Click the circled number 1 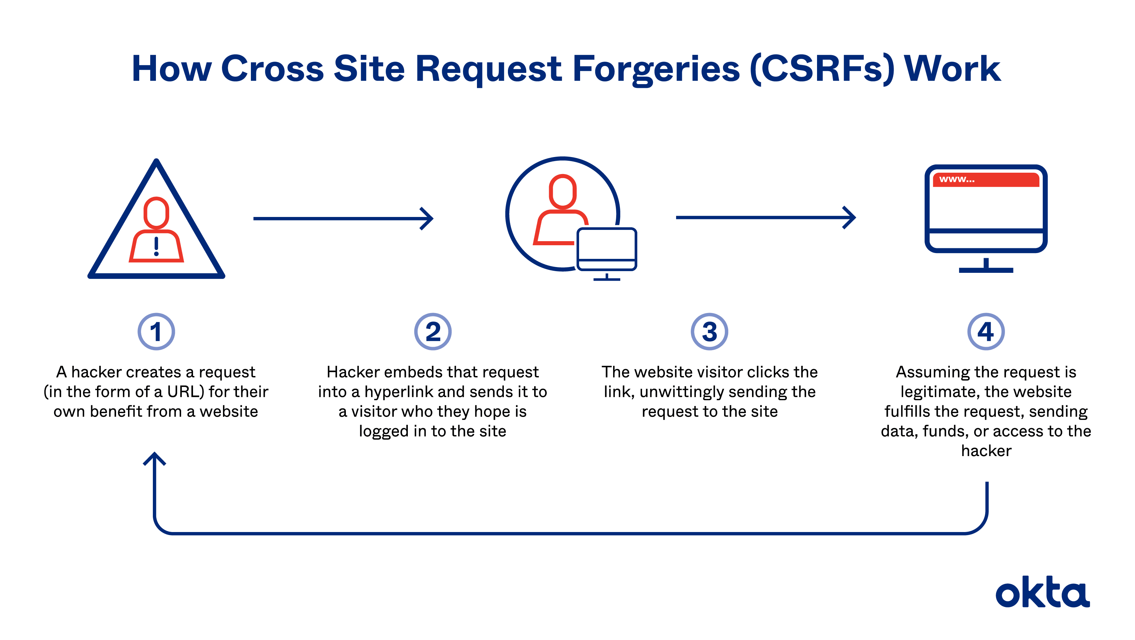tap(156, 331)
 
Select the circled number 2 tap(433, 331)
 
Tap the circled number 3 tap(709, 331)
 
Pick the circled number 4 tap(986, 331)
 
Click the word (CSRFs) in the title tap(822, 69)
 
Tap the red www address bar tap(986, 179)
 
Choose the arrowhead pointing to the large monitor tap(849, 217)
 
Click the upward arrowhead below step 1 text tap(155, 458)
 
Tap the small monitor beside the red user tap(607, 249)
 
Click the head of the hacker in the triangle tap(156, 213)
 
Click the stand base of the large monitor tap(986, 270)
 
